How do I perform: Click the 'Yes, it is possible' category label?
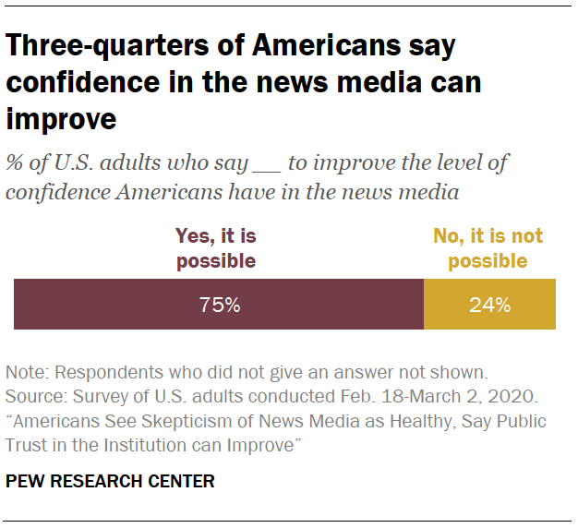[216, 248]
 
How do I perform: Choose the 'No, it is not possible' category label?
[488, 248]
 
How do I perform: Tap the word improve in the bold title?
[61, 119]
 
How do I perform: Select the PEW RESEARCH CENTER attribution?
[110, 481]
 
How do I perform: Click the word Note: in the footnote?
[27, 374]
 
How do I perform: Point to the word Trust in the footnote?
[28, 444]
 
